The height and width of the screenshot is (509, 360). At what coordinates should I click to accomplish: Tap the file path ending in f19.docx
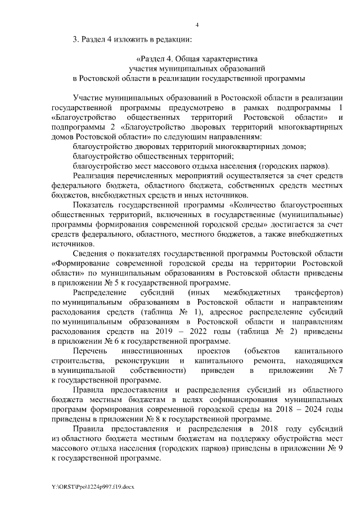[90, 485]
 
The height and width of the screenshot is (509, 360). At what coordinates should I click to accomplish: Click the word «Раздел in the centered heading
[152, 58]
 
